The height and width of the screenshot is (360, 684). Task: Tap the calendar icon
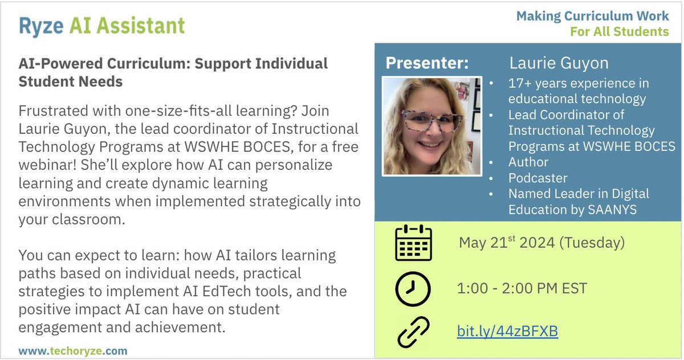[413, 243]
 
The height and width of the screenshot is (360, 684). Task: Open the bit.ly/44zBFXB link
[507, 331]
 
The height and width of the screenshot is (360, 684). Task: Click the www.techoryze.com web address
[73, 351]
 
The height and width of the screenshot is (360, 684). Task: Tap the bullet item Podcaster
[538, 178]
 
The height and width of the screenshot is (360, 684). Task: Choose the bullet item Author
[528, 162]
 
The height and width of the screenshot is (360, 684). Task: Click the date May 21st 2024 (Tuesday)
[541, 243]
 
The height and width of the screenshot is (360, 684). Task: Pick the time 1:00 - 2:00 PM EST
[522, 289]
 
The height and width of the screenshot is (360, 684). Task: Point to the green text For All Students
[620, 31]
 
